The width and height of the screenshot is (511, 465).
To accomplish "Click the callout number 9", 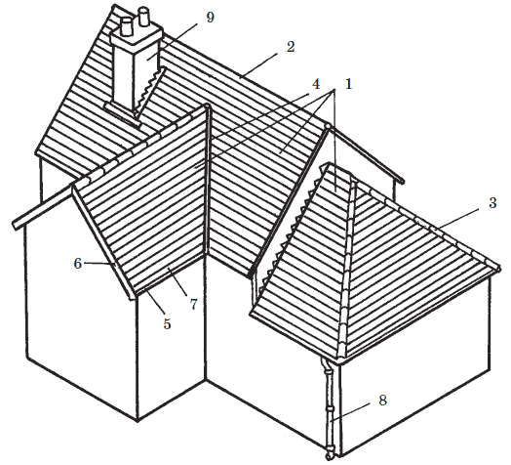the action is pyautogui.click(x=211, y=18).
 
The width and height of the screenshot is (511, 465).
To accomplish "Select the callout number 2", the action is pyautogui.click(x=291, y=47).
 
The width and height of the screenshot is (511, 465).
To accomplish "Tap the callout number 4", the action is pyautogui.click(x=315, y=84).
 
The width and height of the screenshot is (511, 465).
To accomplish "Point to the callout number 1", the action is pyautogui.click(x=349, y=84).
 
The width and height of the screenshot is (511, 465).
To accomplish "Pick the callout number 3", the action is pyautogui.click(x=492, y=202).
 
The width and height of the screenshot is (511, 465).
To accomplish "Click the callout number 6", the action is pyautogui.click(x=78, y=263).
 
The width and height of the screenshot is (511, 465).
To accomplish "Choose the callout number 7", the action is pyautogui.click(x=194, y=305).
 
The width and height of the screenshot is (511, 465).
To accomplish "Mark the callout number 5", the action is pyautogui.click(x=167, y=324).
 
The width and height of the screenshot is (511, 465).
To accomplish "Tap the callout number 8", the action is pyautogui.click(x=382, y=400).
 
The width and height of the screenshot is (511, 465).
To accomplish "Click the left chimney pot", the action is pyautogui.click(x=127, y=26).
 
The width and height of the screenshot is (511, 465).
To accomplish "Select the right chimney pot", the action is pyautogui.click(x=143, y=17).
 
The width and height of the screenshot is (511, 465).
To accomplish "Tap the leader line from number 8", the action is pyautogui.click(x=350, y=412).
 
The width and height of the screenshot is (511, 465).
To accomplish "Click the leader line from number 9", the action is pyautogui.click(x=172, y=41).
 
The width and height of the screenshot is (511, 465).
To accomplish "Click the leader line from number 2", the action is pyautogui.click(x=259, y=65).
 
